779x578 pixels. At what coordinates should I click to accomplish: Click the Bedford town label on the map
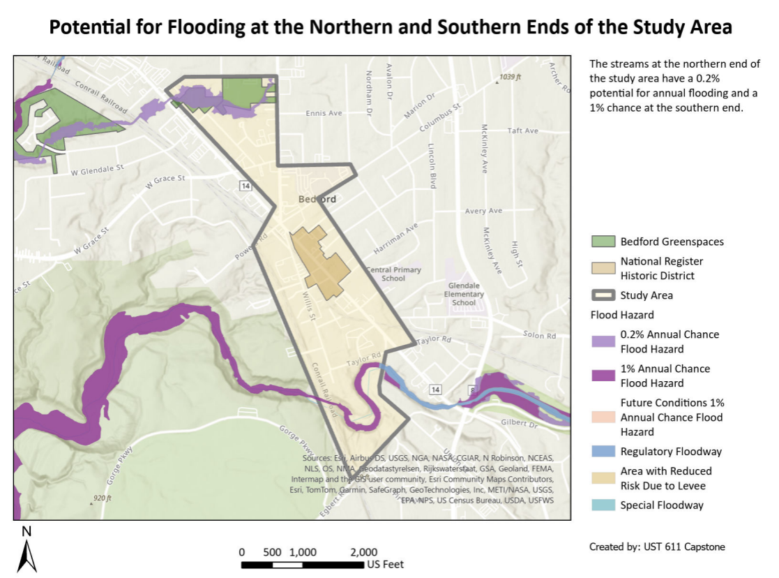click(x=317, y=199)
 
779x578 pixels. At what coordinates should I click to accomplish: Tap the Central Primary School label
click(x=394, y=274)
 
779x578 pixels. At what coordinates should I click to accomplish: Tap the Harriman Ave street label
click(x=395, y=238)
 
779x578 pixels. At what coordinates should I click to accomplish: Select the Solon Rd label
click(x=539, y=335)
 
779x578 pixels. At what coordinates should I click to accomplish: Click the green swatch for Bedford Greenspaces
click(x=603, y=242)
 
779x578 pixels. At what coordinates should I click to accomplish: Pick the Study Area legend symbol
click(x=603, y=295)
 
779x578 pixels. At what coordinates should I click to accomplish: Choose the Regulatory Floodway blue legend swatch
click(x=603, y=452)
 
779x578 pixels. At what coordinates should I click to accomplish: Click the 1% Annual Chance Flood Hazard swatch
click(x=603, y=376)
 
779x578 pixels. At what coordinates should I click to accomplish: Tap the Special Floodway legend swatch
click(x=603, y=505)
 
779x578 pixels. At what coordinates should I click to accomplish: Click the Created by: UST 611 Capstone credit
click(x=657, y=547)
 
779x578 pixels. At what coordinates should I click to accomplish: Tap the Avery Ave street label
click(x=484, y=211)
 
